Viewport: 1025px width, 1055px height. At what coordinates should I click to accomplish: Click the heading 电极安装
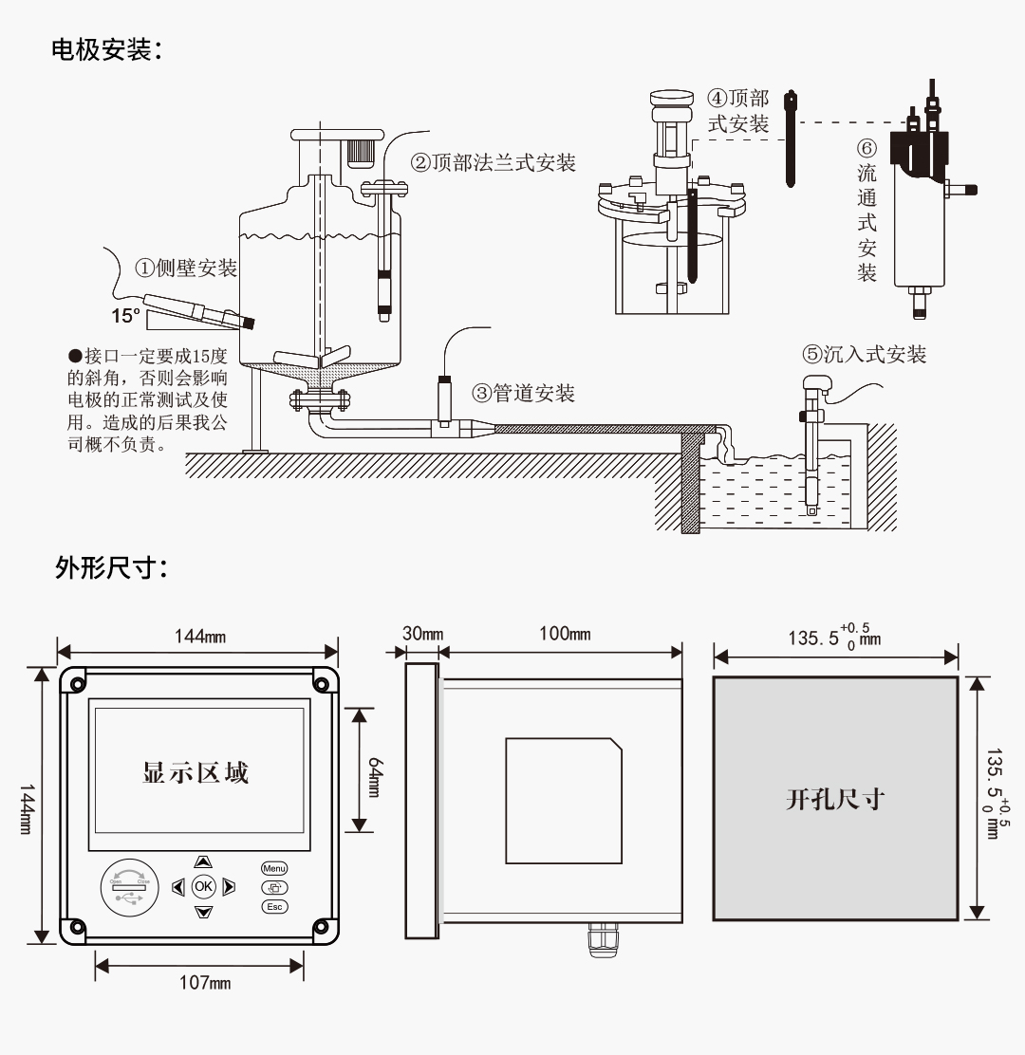(107, 49)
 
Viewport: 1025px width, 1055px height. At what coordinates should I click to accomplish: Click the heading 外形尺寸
(107, 569)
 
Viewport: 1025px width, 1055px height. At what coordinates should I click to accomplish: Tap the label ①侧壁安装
(184, 268)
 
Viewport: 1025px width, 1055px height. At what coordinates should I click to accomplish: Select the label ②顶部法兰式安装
(493, 162)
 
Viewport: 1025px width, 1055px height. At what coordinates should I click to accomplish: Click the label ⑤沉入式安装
(864, 355)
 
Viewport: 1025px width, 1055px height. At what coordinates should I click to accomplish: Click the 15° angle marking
(126, 315)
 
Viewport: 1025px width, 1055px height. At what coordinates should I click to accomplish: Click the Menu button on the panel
(274, 868)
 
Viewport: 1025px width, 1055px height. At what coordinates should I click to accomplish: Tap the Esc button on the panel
(274, 906)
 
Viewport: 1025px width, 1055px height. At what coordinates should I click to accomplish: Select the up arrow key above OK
(203, 861)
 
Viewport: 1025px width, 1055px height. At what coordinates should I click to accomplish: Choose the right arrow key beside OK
(229, 887)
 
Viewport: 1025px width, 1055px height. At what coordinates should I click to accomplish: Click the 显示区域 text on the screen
(196, 772)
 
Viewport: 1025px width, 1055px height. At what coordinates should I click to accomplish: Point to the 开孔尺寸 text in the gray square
(834, 799)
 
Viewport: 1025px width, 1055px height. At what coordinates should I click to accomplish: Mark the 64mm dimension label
(374, 770)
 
